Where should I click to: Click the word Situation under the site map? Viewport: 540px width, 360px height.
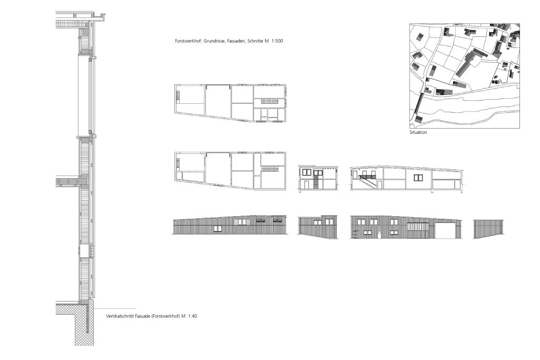pos(418,132)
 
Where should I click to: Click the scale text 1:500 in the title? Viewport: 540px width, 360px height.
pos(277,41)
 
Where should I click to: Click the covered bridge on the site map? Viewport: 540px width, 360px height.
pos(418,103)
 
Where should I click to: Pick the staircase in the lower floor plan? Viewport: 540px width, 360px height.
pos(270,169)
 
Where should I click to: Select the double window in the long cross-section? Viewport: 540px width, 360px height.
pos(418,178)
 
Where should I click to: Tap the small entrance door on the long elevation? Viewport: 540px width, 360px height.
pos(379,235)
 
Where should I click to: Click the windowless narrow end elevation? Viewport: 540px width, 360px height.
pos(489,229)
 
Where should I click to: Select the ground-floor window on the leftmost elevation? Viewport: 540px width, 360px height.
pos(218,228)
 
